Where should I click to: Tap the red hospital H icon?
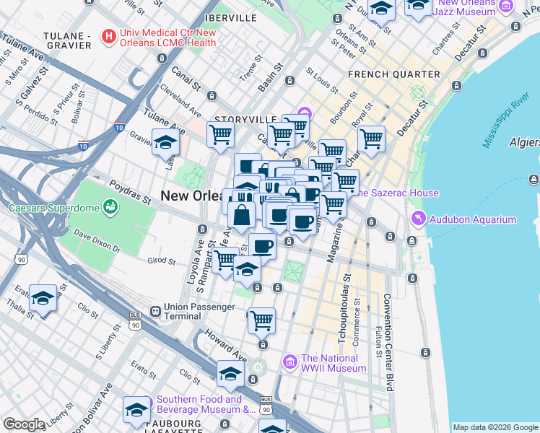click(109, 35)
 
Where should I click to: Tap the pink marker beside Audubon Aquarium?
click(417, 219)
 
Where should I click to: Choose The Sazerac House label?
click(394, 193)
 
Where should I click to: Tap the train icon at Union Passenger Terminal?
click(154, 311)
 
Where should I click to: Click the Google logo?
click(24, 424)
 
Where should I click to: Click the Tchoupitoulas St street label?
click(347, 308)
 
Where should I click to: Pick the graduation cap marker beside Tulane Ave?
click(165, 141)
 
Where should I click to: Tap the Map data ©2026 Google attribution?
click(495, 427)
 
